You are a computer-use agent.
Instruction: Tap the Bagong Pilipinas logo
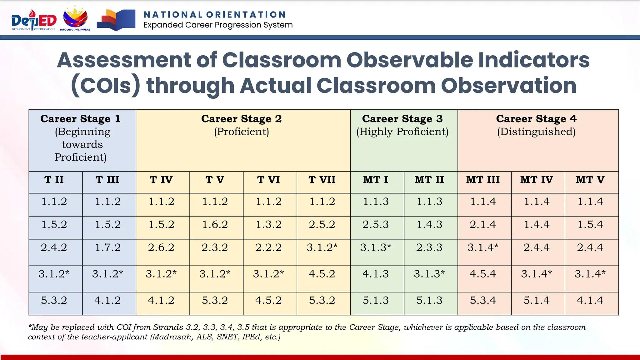click(75, 19)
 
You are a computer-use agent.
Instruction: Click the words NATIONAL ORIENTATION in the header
click(215, 15)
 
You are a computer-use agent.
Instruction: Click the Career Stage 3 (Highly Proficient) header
click(404, 125)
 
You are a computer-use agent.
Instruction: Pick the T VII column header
click(322, 180)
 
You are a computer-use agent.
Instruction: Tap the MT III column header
click(483, 180)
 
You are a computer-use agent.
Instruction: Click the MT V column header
click(590, 180)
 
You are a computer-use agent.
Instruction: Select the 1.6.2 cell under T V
click(215, 225)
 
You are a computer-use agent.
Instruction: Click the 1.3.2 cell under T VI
click(269, 225)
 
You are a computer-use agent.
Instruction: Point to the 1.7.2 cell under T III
click(108, 248)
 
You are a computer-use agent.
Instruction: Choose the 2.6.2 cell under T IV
click(161, 248)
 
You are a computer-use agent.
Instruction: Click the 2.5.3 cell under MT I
click(376, 225)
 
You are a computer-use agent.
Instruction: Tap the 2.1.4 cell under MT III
click(483, 225)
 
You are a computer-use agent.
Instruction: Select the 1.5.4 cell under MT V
click(590, 225)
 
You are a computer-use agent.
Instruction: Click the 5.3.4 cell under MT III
click(483, 301)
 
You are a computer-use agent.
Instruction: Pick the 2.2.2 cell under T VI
click(269, 248)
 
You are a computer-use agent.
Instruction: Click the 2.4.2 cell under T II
click(54, 248)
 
